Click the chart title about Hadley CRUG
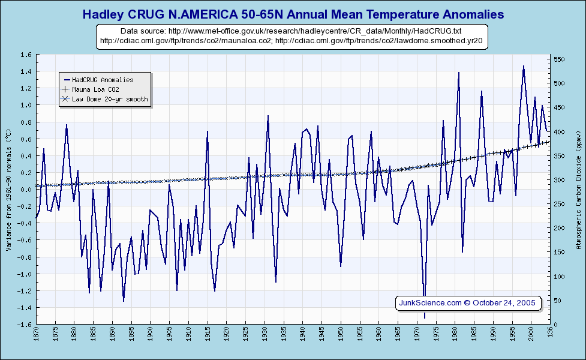click(x=293, y=14)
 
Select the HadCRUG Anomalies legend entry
click(x=102, y=80)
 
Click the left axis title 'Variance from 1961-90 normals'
click(x=8, y=190)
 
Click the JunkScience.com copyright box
click(x=467, y=302)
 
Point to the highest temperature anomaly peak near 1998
click(x=524, y=66)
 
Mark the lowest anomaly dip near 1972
click(x=425, y=317)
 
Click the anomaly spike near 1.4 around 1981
click(x=459, y=73)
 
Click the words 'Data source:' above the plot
click(x=143, y=31)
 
